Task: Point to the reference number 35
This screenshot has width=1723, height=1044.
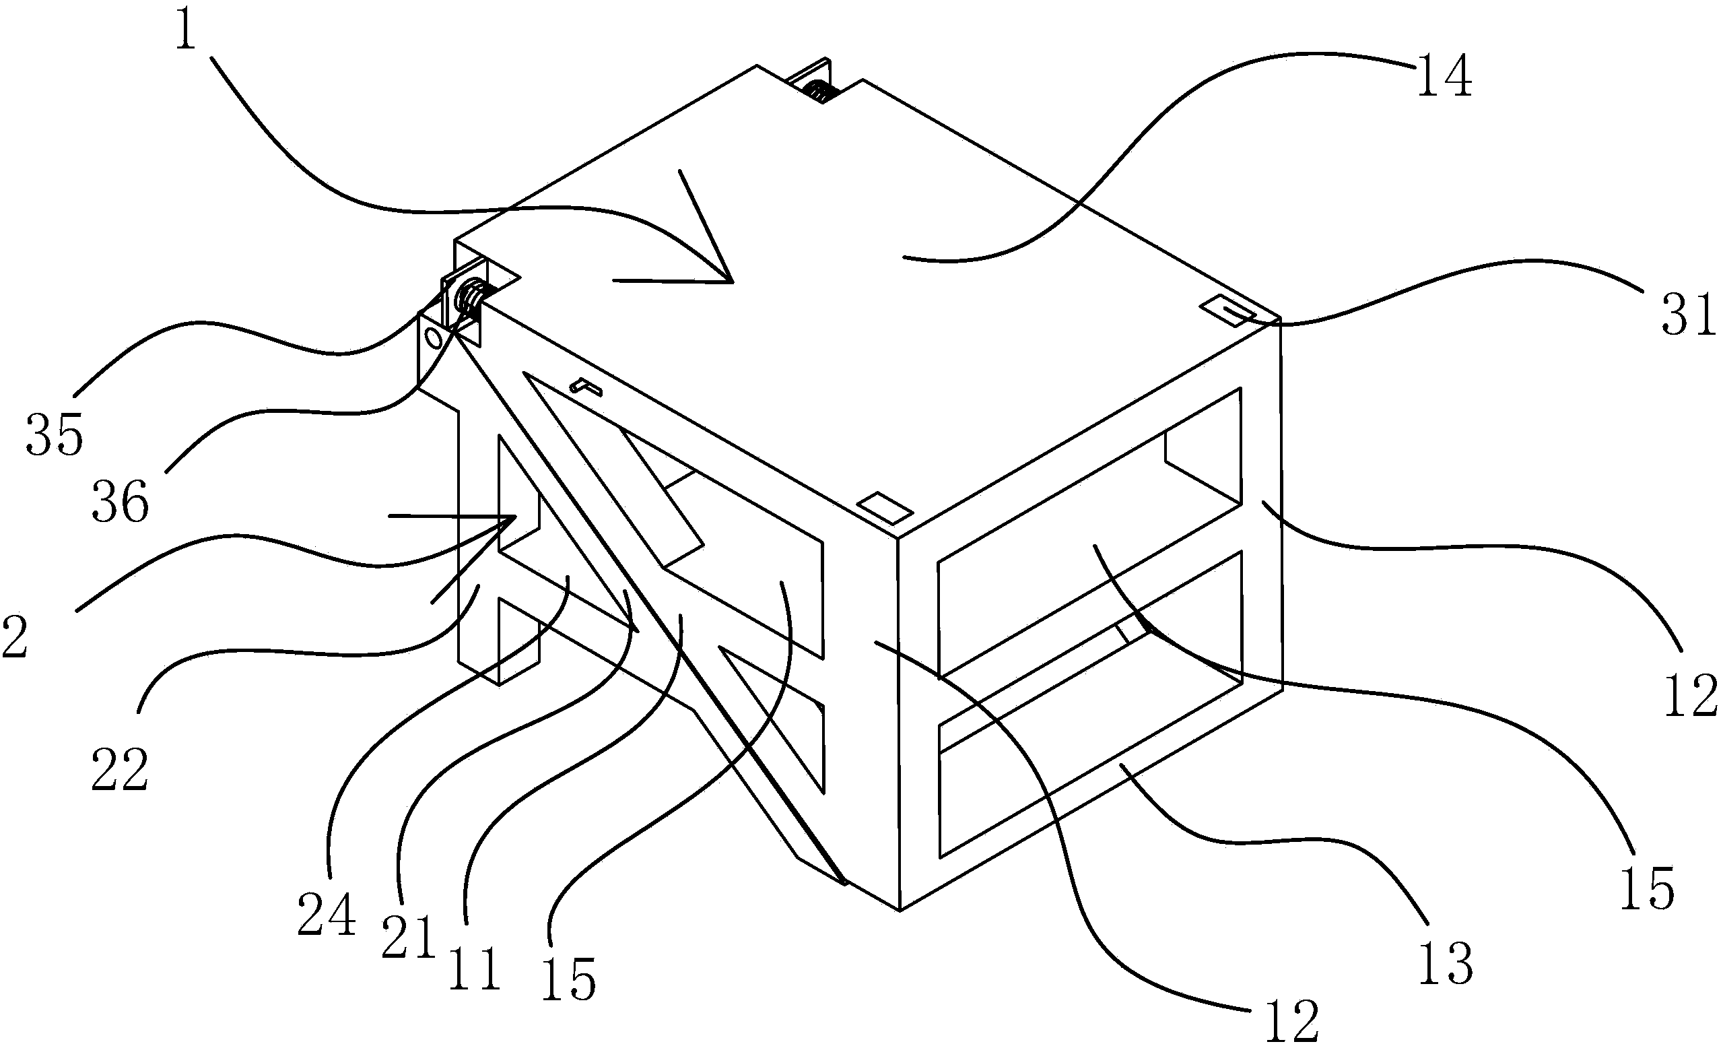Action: click(55, 434)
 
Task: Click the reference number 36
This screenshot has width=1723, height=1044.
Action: click(121, 501)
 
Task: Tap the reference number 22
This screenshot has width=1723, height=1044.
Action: click(120, 770)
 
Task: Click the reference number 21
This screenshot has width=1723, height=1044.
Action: click(409, 938)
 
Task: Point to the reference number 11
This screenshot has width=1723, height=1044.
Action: click(475, 969)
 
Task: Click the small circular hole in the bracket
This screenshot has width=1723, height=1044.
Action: click(434, 339)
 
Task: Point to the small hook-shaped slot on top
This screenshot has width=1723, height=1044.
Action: click(586, 386)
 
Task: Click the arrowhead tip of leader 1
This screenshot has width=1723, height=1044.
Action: click(731, 282)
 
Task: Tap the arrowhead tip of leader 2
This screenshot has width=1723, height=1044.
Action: click(515, 517)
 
